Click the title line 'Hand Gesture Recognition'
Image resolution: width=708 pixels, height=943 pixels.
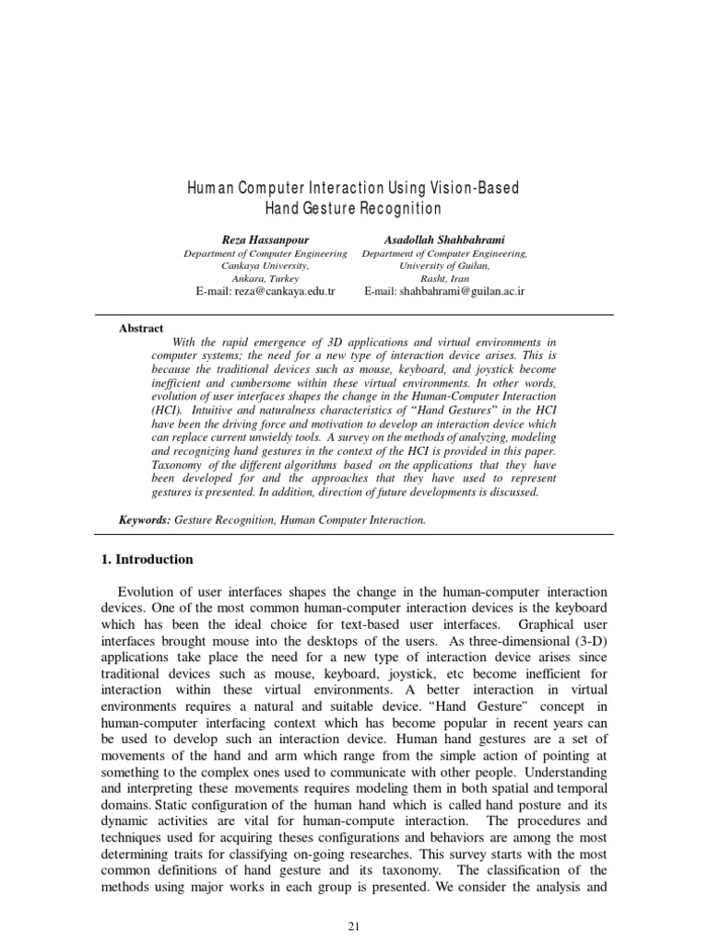click(355, 208)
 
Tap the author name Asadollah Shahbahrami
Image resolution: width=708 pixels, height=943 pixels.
click(444, 239)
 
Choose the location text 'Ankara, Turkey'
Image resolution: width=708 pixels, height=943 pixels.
click(264, 278)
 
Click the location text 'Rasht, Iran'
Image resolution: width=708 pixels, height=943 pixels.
click(444, 278)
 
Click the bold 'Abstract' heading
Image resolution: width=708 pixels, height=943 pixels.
click(142, 329)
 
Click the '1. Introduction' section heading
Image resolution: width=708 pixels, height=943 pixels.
click(147, 559)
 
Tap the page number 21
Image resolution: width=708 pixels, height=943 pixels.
click(354, 926)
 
